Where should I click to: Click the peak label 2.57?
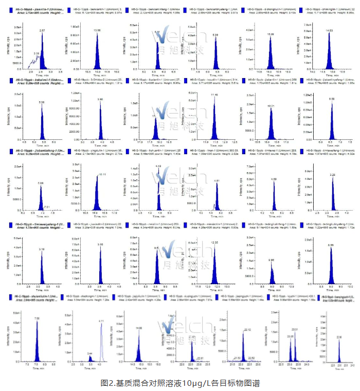click(43, 31)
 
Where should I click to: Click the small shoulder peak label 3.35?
click(36, 53)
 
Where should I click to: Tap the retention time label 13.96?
click(97, 31)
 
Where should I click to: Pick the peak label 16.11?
click(101, 175)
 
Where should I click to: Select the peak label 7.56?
click(37, 319)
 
